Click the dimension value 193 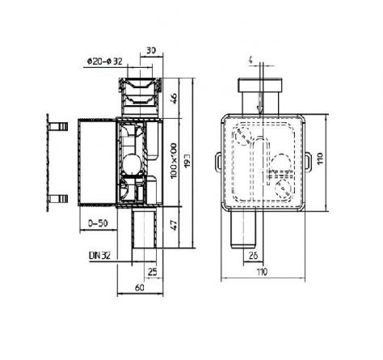point(187,161)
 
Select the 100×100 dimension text point(174,161)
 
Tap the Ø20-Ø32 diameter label point(105,61)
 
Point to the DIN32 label point(99,256)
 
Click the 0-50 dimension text point(98,223)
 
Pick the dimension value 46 point(174,99)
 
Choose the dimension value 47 point(174,225)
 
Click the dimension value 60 point(139,288)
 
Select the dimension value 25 point(153,272)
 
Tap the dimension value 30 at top point(151,50)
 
